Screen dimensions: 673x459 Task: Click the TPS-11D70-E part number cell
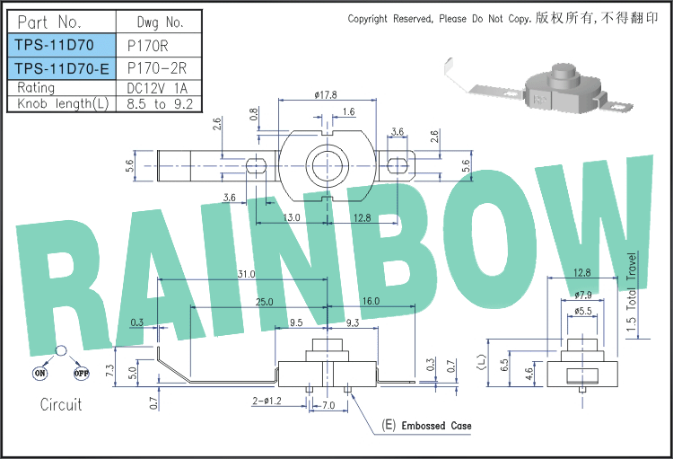pyautogui.click(x=62, y=68)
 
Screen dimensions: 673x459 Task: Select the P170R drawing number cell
pyautogui.click(x=148, y=46)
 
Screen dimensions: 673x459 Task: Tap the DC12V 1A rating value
pyautogui.click(x=157, y=88)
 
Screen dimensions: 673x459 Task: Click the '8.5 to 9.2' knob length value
pyautogui.click(x=160, y=104)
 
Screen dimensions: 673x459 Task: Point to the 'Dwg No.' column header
pyautogui.click(x=160, y=22)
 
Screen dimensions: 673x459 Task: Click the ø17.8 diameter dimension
pyautogui.click(x=326, y=94)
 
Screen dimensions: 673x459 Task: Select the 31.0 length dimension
pyautogui.click(x=247, y=274)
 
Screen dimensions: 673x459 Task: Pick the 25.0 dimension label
pyautogui.click(x=265, y=302)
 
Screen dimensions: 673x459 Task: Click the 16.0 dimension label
pyautogui.click(x=371, y=301)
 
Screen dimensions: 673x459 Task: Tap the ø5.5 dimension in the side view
pyautogui.click(x=582, y=311)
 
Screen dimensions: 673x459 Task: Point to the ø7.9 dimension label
pyautogui.click(x=583, y=295)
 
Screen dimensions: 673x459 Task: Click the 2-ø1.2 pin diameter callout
pyautogui.click(x=267, y=401)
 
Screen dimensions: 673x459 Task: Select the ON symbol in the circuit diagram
pyautogui.click(x=39, y=373)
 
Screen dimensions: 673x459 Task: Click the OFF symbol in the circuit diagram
pyautogui.click(x=81, y=373)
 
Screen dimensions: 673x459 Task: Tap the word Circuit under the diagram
pyautogui.click(x=61, y=404)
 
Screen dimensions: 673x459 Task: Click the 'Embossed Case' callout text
pyautogui.click(x=436, y=426)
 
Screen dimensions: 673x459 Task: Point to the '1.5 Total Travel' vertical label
pyautogui.click(x=631, y=291)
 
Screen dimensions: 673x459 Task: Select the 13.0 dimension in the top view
pyautogui.click(x=292, y=217)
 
